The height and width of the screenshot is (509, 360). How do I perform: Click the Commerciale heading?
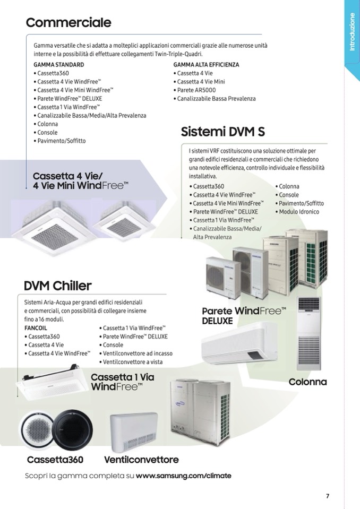(68, 22)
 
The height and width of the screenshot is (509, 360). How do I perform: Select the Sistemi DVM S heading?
(222, 132)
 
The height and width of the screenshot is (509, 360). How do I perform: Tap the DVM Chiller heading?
(58, 286)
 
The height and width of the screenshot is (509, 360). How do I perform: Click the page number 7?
(328, 496)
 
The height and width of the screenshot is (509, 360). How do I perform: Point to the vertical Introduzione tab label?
(352, 32)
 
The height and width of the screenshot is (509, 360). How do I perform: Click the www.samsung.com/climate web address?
(183, 476)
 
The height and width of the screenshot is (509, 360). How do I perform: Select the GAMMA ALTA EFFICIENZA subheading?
(206, 65)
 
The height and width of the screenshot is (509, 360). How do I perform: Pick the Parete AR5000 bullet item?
(195, 90)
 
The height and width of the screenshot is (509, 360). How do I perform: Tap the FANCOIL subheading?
(36, 328)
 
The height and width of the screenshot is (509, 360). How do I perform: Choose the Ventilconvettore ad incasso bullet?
(136, 353)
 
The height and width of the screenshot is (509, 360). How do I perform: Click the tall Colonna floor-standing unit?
(308, 333)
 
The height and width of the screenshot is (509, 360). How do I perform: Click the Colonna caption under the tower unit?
(307, 382)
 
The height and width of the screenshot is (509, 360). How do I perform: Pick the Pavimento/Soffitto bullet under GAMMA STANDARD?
(59, 141)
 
